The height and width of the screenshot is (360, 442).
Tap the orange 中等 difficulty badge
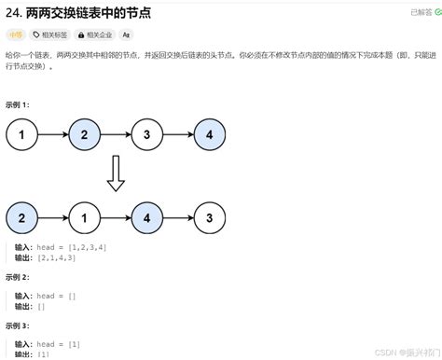[16, 35]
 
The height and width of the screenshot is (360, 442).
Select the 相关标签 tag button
[55, 35]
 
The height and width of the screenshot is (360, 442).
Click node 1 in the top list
[21, 135]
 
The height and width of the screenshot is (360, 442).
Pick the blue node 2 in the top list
[84, 135]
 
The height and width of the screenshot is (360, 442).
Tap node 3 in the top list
[146, 135]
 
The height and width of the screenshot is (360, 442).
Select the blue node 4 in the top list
[209, 135]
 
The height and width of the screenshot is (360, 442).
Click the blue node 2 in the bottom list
[21, 219]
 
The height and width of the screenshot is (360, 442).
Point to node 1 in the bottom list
[84, 219]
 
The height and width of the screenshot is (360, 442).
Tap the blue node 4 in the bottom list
[146, 219]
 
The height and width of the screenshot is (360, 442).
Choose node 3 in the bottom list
[209, 219]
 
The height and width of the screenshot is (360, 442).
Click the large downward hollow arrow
[116, 173]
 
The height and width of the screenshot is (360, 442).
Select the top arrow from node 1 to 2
[52, 135]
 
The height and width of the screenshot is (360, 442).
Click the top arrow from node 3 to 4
[177, 135]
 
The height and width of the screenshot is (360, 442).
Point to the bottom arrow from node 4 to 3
[177, 219]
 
